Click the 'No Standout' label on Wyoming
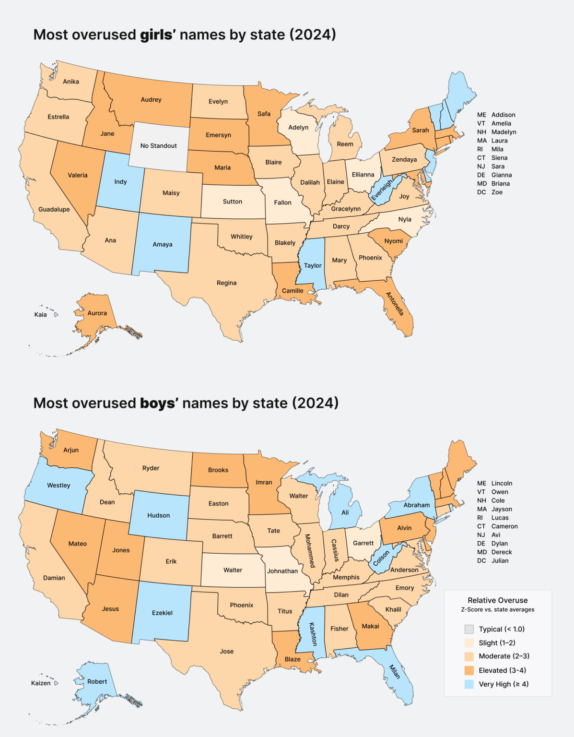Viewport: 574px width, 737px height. (158, 146)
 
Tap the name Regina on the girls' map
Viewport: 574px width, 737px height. (226, 283)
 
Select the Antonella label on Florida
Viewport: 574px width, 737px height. (395, 304)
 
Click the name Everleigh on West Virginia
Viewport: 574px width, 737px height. (382, 190)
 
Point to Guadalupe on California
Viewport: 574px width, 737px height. (54, 210)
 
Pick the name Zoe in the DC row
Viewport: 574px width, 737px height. (497, 192)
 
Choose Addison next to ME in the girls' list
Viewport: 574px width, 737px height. (503, 115)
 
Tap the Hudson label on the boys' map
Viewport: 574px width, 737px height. (158, 516)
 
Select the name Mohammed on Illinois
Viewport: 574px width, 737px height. (310, 551)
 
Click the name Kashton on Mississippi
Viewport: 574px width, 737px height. (313, 634)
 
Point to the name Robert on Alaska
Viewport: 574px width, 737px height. (97, 682)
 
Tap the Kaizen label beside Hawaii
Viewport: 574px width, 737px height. (41, 683)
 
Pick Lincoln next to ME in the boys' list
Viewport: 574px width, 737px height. (502, 484)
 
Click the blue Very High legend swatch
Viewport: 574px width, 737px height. (469, 684)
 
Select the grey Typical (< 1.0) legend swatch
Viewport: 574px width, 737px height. (469, 629)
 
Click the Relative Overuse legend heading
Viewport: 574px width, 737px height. (497, 601)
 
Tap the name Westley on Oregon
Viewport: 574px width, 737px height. (59, 486)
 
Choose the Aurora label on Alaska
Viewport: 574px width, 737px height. (97, 313)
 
